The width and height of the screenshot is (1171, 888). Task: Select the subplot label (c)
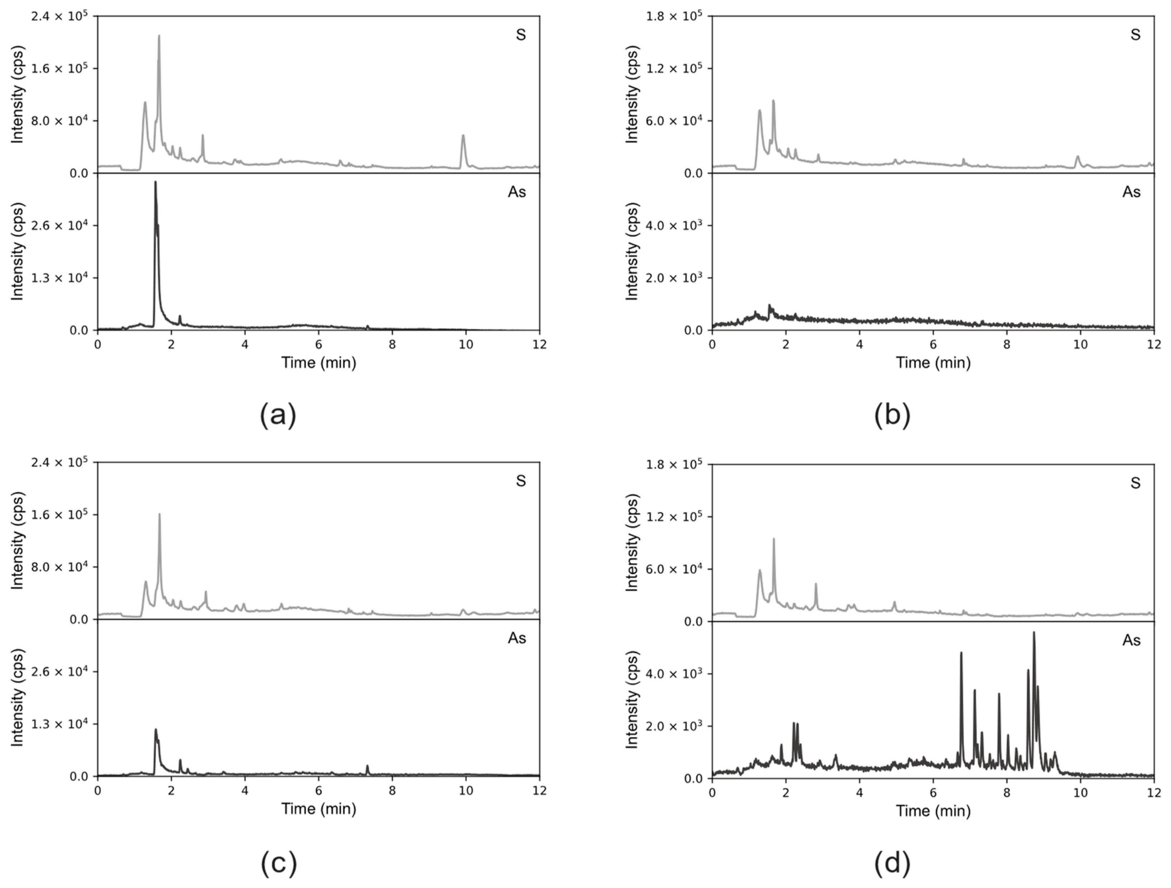(x=279, y=863)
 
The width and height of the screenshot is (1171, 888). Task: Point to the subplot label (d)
(x=893, y=863)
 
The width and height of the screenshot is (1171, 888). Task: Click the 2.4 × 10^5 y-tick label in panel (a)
(x=61, y=17)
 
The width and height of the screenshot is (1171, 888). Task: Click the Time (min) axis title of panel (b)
(x=933, y=363)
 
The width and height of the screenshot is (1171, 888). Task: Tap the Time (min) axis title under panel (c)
(x=318, y=809)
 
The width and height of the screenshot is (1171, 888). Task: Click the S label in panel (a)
(x=521, y=35)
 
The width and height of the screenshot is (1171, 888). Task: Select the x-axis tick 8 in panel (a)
(x=392, y=344)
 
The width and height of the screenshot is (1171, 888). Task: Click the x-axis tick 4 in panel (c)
(x=245, y=791)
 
